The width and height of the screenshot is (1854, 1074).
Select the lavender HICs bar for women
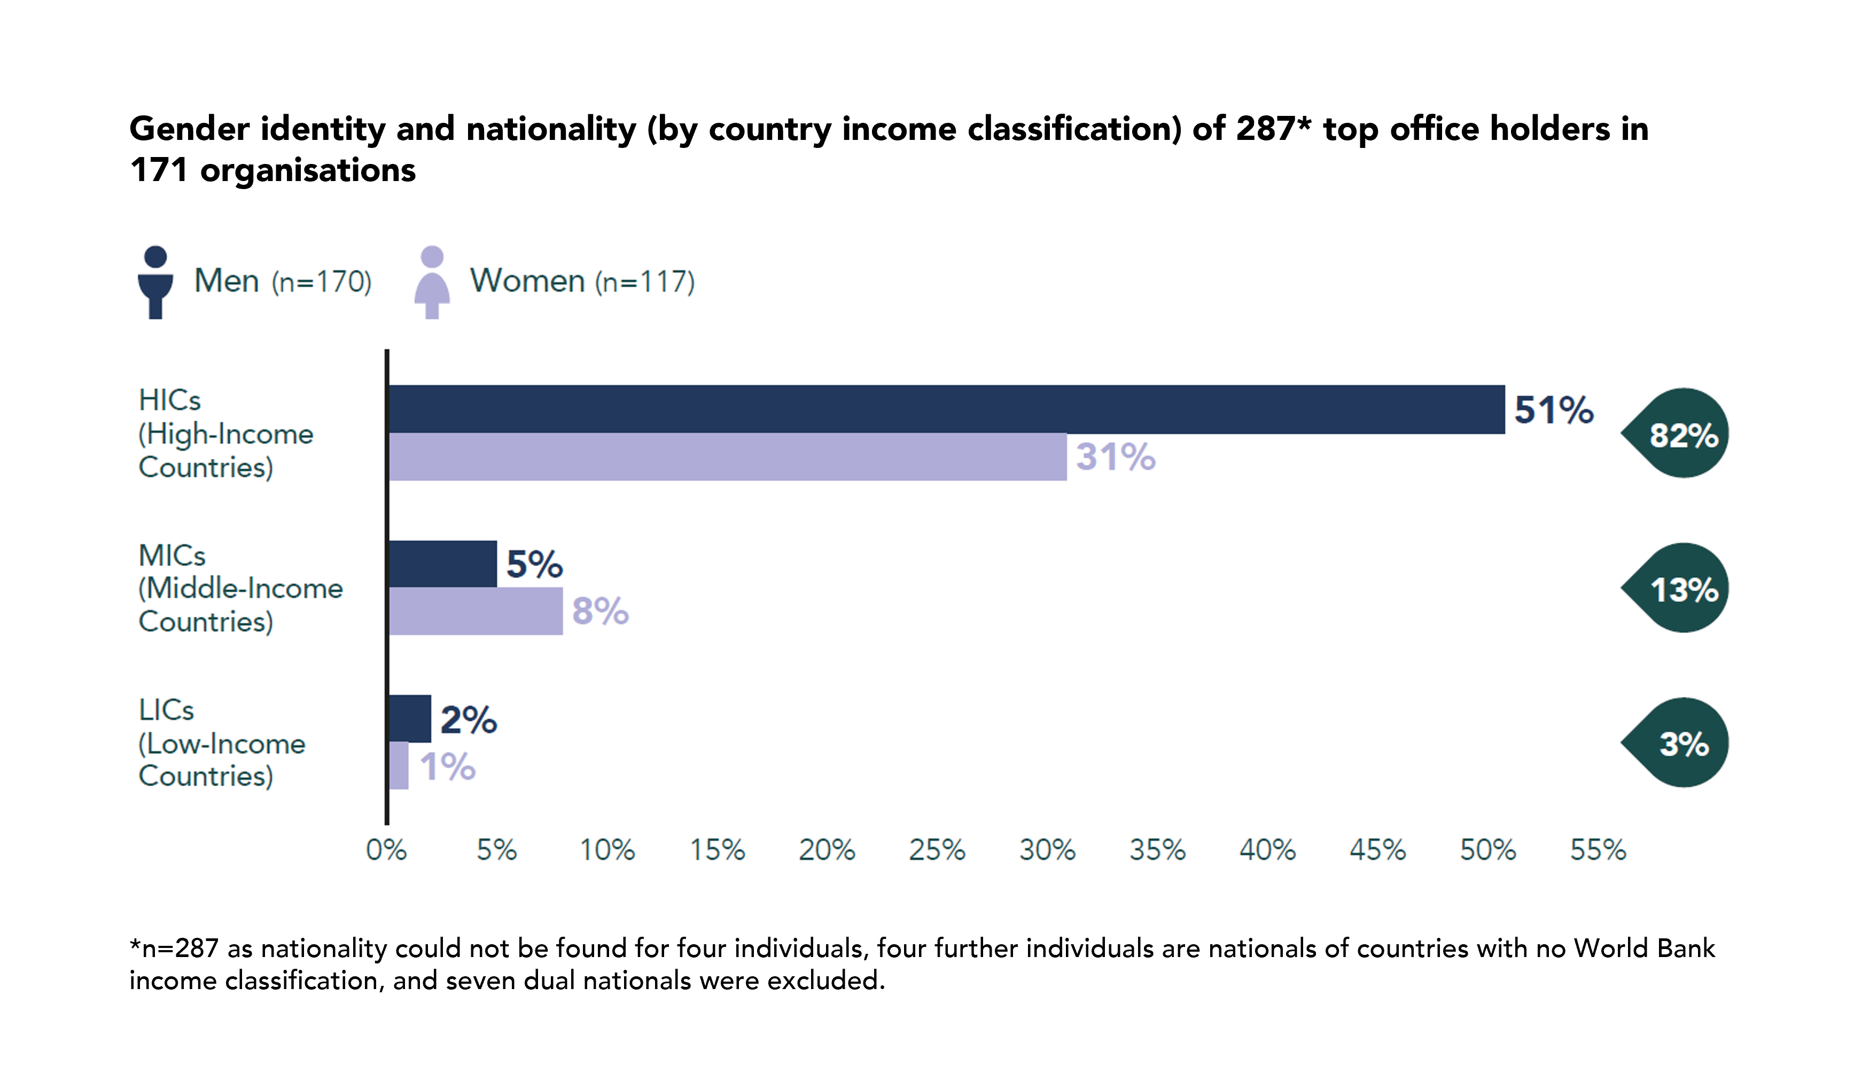(727, 457)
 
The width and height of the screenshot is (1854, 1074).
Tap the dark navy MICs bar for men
(442, 563)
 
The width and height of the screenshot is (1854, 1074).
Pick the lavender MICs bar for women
(476, 610)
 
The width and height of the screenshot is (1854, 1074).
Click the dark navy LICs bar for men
(409, 719)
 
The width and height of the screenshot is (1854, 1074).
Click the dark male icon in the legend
(155, 283)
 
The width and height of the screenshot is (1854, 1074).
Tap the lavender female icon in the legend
(432, 283)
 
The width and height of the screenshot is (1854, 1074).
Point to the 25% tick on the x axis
(937, 850)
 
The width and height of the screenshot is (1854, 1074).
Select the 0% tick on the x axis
(386, 850)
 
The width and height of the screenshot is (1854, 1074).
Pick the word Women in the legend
(527, 281)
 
